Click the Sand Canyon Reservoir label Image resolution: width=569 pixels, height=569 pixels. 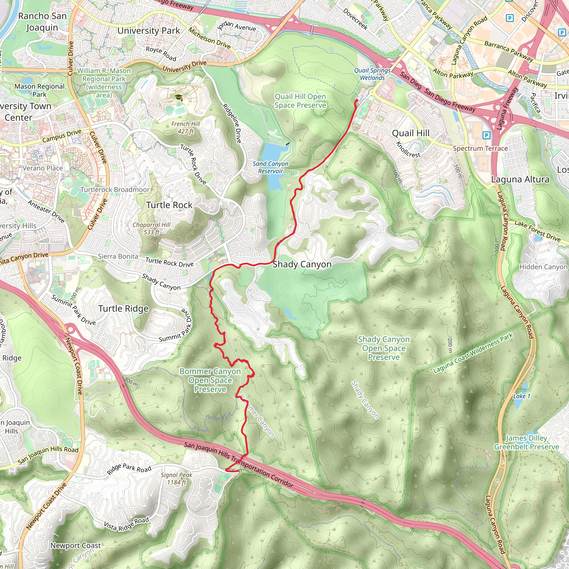270,167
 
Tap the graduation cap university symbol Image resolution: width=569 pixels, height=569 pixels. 178,97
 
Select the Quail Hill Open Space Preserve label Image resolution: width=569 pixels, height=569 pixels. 300,101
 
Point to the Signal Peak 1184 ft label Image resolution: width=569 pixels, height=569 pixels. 176,479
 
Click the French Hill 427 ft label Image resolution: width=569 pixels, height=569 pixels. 186,128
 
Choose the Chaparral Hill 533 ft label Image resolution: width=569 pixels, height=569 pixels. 151,228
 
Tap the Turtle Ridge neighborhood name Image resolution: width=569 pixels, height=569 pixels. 123,308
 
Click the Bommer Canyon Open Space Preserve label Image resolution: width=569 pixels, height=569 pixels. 210,380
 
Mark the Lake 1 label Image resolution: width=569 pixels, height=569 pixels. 521,396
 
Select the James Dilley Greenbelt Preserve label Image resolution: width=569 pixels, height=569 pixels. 526,443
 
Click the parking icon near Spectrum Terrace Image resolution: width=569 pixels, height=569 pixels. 486,135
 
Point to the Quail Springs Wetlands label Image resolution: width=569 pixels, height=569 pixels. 372,74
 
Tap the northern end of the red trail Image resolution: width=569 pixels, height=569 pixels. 357,101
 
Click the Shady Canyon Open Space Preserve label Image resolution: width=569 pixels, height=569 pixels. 384,348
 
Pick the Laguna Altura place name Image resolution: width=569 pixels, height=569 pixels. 520,179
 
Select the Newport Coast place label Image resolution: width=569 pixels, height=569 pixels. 75,545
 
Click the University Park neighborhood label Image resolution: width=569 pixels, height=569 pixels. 148,31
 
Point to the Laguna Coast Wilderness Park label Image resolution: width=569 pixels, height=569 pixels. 473,353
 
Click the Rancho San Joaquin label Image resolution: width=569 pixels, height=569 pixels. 42,21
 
